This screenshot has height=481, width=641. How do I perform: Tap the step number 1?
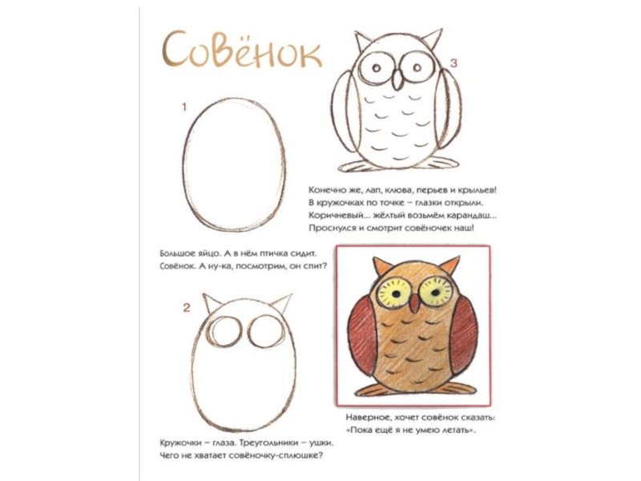184,107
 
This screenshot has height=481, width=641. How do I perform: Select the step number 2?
187,308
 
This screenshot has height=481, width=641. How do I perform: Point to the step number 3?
454,63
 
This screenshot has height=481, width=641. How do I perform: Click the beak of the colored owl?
414,304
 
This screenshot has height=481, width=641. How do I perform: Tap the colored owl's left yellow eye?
394,292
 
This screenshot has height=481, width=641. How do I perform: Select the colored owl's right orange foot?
457,389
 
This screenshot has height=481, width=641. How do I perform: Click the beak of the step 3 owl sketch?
397,79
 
